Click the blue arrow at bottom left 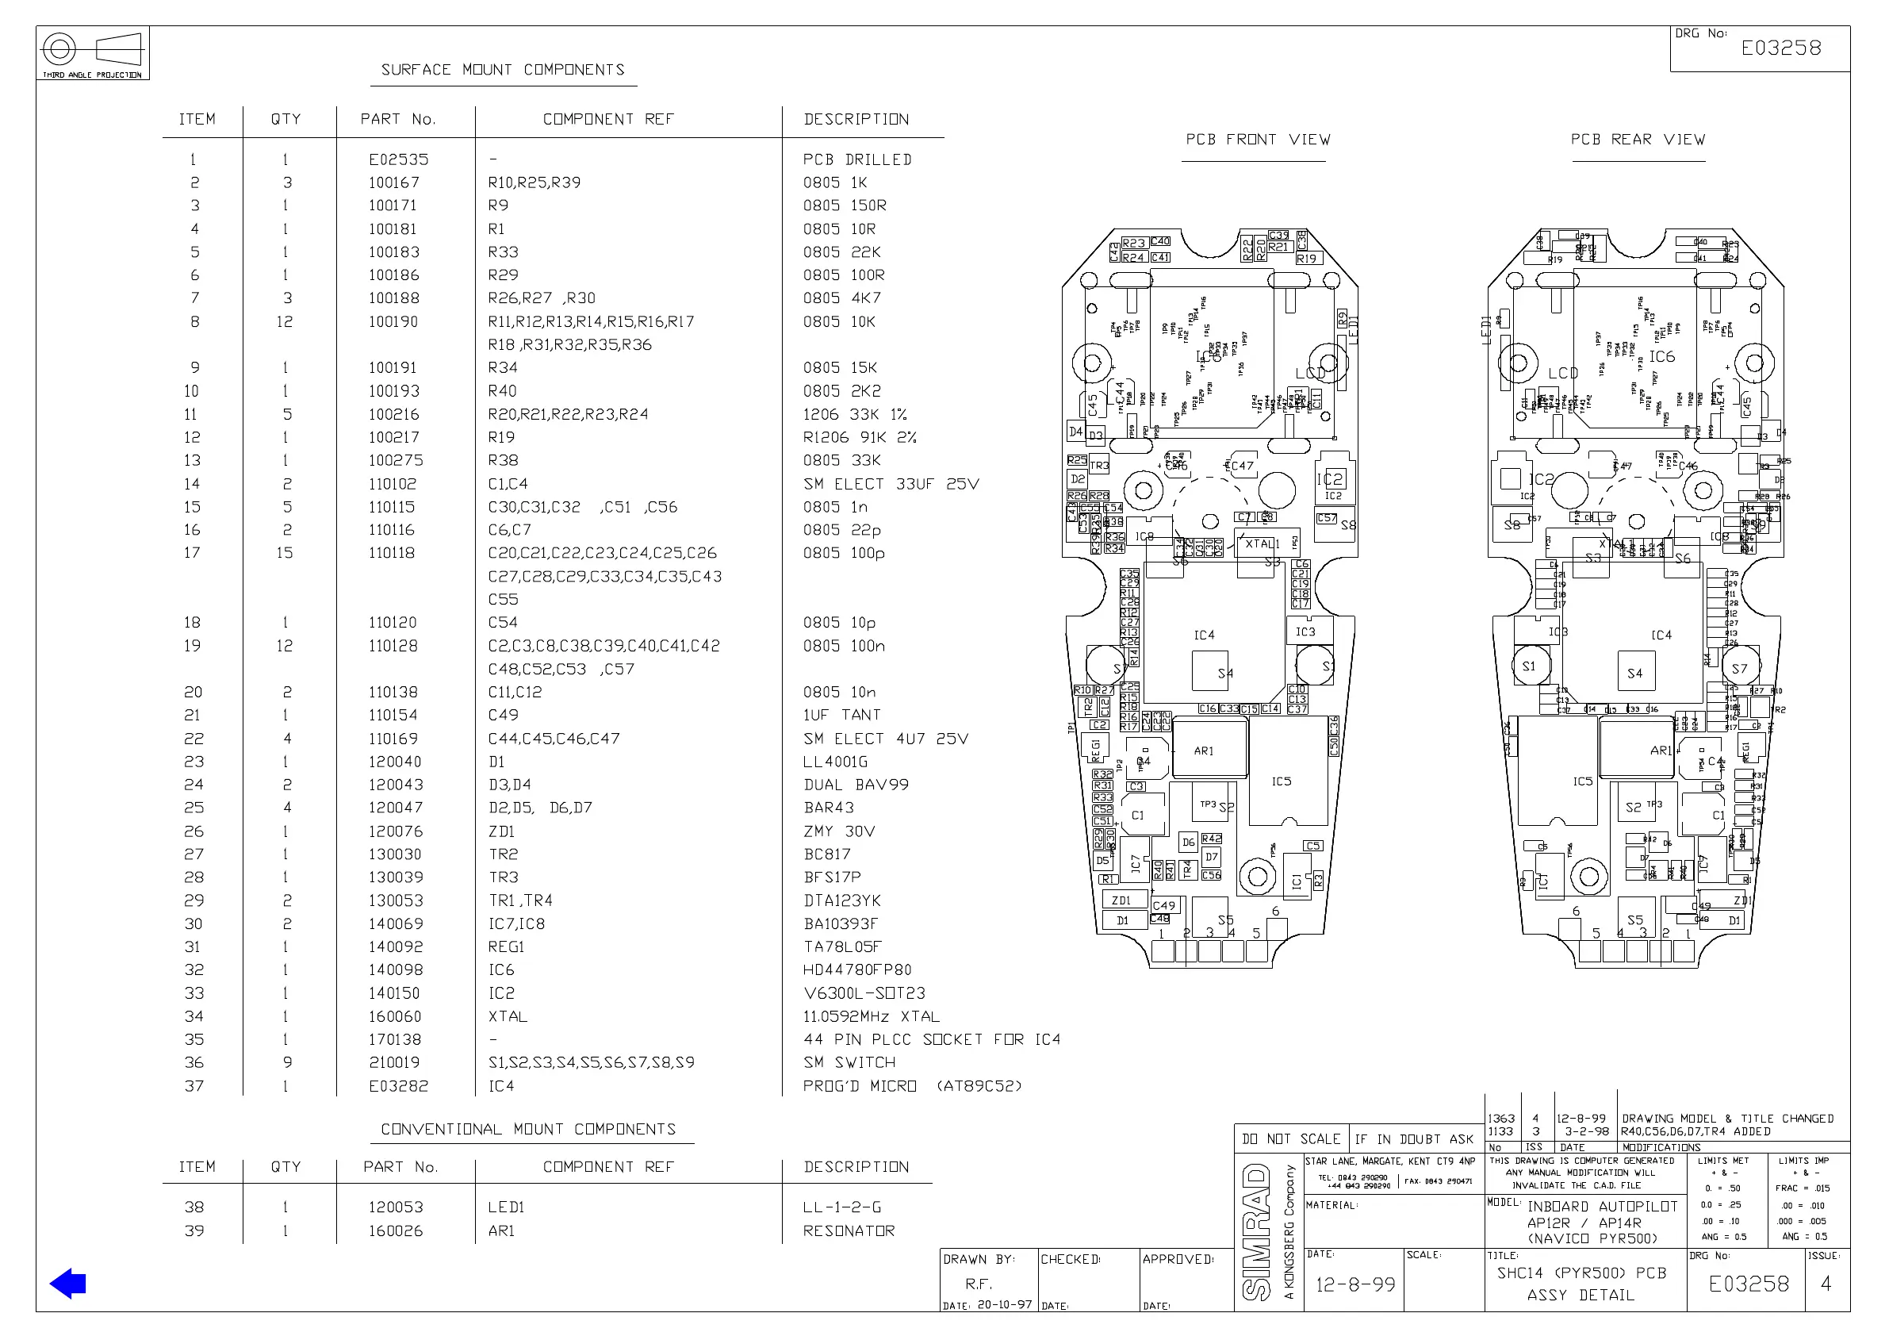point(68,1284)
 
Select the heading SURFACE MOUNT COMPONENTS point(503,70)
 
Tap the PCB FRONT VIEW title point(1257,140)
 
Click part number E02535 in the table point(398,159)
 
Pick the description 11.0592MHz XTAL point(871,1016)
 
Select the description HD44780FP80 point(857,969)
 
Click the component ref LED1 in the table point(506,1207)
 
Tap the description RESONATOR point(849,1231)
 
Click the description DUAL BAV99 point(856,785)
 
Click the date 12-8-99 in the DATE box point(1355,1285)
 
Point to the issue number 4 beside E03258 point(1826,1284)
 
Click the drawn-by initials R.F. point(979,1284)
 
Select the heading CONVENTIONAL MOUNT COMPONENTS point(528,1130)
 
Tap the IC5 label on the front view point(1281,781)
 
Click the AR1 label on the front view point(1203,751)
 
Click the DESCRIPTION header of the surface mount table point(856,119)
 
